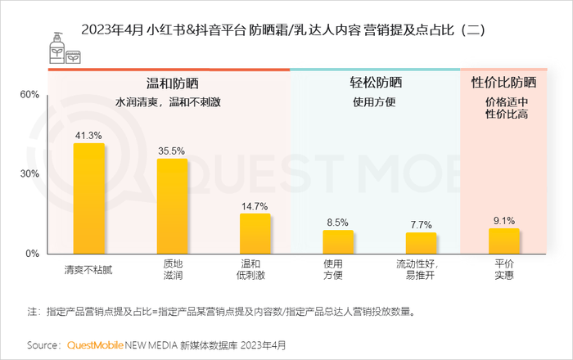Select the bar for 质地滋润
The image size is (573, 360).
(x=172, y=205)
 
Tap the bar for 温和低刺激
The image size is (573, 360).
(x=255, y=233)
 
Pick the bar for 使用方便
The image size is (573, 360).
(x=337, y=241)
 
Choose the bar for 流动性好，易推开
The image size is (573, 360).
(x=421, y=243)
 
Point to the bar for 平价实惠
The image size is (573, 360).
(x=504, y=241)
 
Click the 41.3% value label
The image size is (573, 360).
(x=88, y=135)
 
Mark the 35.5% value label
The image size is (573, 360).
(x=172, y=151)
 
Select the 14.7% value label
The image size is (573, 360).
(x=255, y=205)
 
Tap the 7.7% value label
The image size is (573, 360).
(x=421, y=224)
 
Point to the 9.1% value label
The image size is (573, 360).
(x=504, y=220)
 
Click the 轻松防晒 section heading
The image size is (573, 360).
(x=373, y=83)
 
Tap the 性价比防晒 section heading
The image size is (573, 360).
(x=504, y=83)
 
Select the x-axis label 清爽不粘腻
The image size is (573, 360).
(x=88, y=268)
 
